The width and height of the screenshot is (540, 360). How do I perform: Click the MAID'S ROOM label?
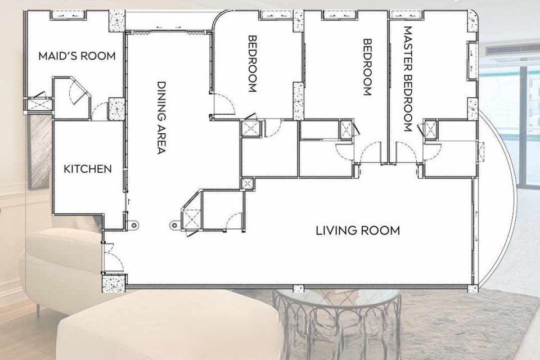click(77, 56)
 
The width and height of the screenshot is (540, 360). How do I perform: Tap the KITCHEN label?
click(88, 169)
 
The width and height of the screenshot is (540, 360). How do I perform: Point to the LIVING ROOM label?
click(358, 230)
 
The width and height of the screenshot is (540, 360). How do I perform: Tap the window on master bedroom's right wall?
click(472, 61)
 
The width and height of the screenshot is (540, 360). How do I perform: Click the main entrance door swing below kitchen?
click(114, 256)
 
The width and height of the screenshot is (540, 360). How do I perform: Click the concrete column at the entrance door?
click(115, 283)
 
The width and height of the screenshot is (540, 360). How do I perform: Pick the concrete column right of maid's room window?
click(117, 21)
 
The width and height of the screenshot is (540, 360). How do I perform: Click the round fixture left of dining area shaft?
click(174, 225)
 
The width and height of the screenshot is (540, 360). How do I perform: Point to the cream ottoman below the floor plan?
click(169, 326)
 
